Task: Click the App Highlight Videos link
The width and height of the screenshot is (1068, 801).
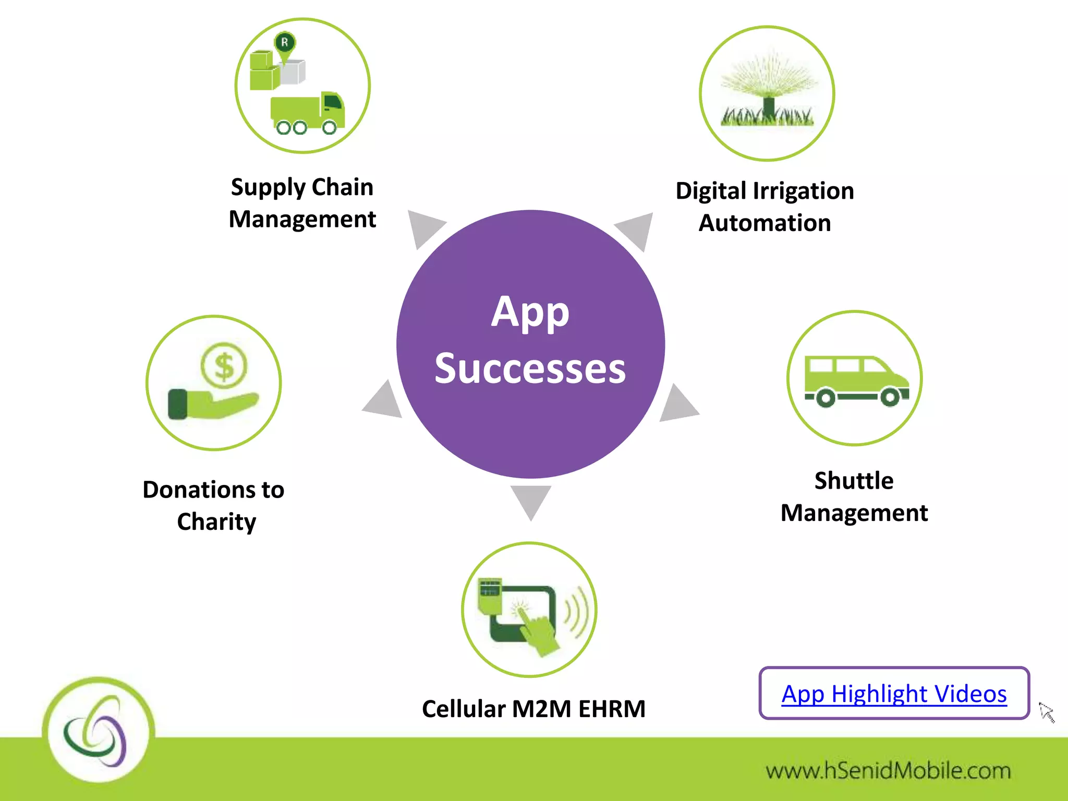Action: point(894,694)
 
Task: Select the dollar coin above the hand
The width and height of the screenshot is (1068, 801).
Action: point(224,366)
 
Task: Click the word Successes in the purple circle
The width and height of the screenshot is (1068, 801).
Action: point(530,368)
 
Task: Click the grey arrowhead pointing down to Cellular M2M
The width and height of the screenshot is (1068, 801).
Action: point(531,499)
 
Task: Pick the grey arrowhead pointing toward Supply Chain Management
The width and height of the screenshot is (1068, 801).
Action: point(423,226)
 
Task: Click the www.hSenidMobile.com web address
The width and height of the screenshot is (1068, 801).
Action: point(888,771)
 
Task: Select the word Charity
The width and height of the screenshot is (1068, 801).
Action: point(216,522)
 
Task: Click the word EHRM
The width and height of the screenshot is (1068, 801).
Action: point(612,709)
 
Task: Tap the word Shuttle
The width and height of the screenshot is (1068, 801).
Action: point(854,481)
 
